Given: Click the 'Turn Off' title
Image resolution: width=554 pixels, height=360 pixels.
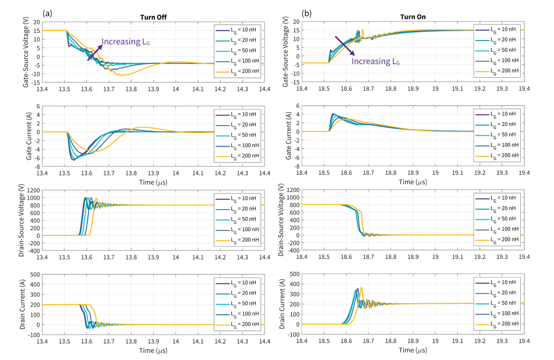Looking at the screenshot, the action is coord(153,17).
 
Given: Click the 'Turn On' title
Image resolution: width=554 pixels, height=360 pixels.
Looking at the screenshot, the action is coord(412,17).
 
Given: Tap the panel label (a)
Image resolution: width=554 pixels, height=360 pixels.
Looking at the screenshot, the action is coord(47,13).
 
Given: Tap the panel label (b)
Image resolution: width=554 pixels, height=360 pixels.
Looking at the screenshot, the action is coord(307,13).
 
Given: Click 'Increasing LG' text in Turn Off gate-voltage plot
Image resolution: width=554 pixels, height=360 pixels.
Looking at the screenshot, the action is coord(126,42).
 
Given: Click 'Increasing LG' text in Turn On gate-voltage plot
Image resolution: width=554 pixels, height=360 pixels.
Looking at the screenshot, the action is coord(375,61).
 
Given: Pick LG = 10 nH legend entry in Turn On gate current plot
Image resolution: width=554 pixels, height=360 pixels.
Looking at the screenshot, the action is coord(497,114).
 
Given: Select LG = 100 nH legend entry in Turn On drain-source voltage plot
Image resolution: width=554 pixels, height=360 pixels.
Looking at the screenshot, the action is coord(497,229).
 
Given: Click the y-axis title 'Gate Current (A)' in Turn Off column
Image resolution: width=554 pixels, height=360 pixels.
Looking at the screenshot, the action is coord(29,136).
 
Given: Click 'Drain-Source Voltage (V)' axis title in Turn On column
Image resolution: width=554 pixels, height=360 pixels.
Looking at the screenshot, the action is coord(281,220).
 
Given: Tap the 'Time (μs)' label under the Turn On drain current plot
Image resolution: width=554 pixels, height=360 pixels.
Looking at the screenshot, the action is coord(412,350).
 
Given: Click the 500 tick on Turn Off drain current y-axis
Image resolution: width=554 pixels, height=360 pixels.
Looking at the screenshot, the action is coord(35,275).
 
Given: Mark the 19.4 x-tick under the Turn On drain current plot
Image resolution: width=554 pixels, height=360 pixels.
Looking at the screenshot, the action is coord(524,341).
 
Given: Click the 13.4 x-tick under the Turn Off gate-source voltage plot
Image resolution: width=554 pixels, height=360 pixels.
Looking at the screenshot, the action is coord(42,89).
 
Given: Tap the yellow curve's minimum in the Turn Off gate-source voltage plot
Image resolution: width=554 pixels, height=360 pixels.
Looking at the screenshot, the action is coord(122,75).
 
